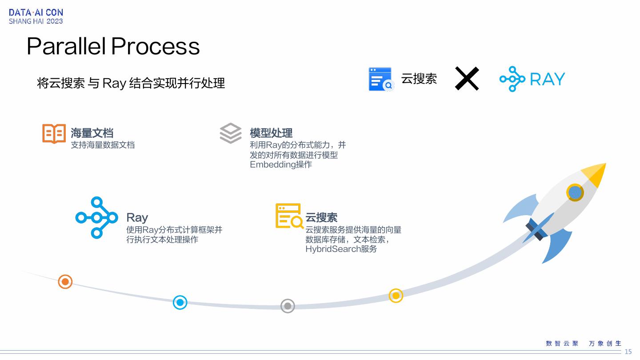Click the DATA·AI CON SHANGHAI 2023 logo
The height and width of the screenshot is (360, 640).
(x=36, y=17)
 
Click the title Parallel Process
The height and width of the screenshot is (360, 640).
(x=113, y=46)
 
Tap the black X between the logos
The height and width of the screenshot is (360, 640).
(x=467, y=79)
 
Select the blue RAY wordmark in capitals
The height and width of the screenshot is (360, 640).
(x=547, y=79)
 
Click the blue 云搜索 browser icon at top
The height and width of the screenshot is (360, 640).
(x=380, y=79)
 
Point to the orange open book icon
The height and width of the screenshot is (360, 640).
(x=54, y=133)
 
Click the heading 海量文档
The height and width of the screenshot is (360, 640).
(x=92, y=133)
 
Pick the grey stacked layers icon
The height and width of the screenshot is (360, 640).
(x=231, y=133)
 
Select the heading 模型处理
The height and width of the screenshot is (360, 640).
(x=271, y=133)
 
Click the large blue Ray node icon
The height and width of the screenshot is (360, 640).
(x=96, y=217)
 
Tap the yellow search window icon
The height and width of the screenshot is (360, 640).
(x=289, y=216)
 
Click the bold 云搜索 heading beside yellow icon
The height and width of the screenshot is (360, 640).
(x=321, y=217)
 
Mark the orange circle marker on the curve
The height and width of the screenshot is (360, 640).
(x=65, y=281)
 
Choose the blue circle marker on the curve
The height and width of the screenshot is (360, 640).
(x=180, y=303)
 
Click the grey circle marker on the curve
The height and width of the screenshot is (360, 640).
(x=288, y=306)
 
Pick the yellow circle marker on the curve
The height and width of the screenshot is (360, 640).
(x=396, y=296)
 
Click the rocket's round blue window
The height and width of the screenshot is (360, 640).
(x=575, y=192)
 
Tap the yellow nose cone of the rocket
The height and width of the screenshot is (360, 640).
(x=596, y=174)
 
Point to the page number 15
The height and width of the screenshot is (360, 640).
(x=628, y=352)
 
